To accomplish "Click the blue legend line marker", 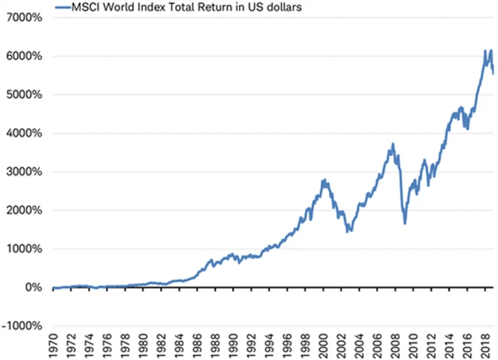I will click(64, 7).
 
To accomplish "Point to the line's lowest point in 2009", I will click(405, 224).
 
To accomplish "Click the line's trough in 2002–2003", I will click(348, 232).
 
